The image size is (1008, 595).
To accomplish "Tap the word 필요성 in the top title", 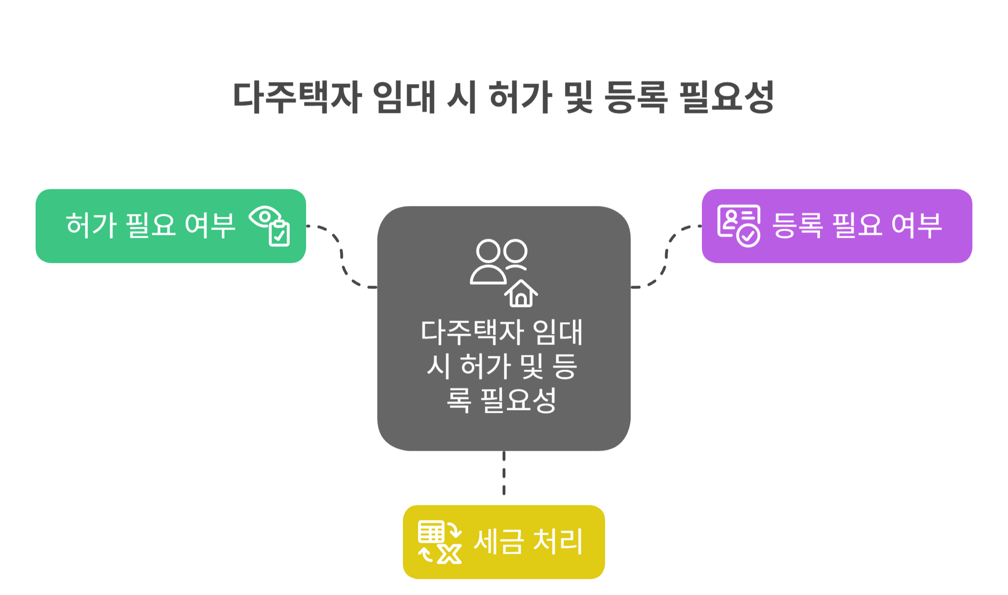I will pos(727,97).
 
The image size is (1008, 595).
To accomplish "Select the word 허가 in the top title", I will pos(520,97).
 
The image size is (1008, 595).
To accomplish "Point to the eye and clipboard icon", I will pos(270,225).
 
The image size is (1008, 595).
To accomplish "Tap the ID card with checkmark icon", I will pos(738,225).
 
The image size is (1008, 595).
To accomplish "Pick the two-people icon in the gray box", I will pos(498,261).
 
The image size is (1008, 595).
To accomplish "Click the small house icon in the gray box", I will pos(521,294).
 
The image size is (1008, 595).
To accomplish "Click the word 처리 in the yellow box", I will pos(558,541).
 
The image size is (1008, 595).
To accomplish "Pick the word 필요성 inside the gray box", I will pos(519,400).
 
